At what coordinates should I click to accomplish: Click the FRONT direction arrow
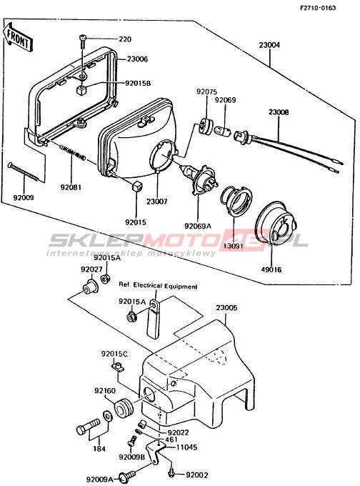click(x=17, y=38)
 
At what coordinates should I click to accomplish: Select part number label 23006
click(x=137, y=59)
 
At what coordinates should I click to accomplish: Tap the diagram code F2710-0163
click(x=318, y=8)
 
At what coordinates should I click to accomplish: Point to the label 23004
click(x=269, y=45)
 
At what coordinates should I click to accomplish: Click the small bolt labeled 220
click(x=82, y=41)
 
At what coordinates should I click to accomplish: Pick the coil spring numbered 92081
click(x=72, y=152)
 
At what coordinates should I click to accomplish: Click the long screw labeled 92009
click(x=24, y=172)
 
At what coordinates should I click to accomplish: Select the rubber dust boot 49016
click(x=274, y=222)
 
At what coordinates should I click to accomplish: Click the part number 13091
click(x=234, y=247)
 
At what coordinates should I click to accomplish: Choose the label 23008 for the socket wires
click(x=279, y=112)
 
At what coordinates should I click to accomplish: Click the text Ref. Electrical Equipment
click(x=158, y=286)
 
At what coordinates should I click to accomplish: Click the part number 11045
click(x=187, y=447)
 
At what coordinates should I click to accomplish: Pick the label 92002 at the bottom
click(x=197, y=475)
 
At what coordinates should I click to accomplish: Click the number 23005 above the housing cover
click(x=226, y=308)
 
